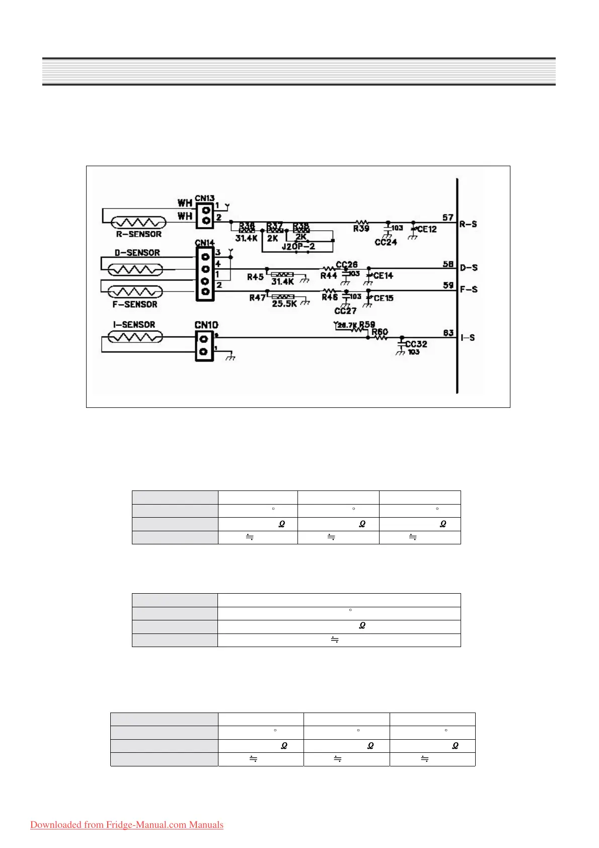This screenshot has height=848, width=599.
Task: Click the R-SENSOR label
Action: tap(139, 234)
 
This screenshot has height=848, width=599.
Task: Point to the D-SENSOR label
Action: tap(137, 253)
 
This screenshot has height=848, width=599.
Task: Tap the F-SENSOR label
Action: tap(135, 304)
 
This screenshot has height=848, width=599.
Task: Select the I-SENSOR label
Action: tap(134, 325)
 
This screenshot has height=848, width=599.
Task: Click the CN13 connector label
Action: tap(205, 198)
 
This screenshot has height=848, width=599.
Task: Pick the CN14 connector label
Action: tap(205, 243)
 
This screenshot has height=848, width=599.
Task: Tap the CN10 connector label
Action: tap(206, 325)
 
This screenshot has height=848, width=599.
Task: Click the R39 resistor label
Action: tap(361, 229)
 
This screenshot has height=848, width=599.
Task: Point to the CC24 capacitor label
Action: tap(386, 242)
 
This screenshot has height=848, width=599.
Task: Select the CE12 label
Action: tap(427, 229)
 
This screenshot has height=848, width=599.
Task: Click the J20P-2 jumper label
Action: tap(298, 247)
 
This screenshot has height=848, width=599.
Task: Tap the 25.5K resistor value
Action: tap(284, 304)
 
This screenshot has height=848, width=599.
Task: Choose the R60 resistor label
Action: tap(380, 331)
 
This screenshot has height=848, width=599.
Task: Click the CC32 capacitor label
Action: tap(416, 344)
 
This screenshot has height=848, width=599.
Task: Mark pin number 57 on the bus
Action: tap(448, 218)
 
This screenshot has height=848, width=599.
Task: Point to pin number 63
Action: tap(448, 332)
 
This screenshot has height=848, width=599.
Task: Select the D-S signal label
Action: tap(469, 267)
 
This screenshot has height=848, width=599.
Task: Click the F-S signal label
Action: tap(469, 290)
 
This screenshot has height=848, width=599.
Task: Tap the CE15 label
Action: tap(384, 298)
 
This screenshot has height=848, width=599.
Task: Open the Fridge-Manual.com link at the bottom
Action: tap(127, 825)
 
